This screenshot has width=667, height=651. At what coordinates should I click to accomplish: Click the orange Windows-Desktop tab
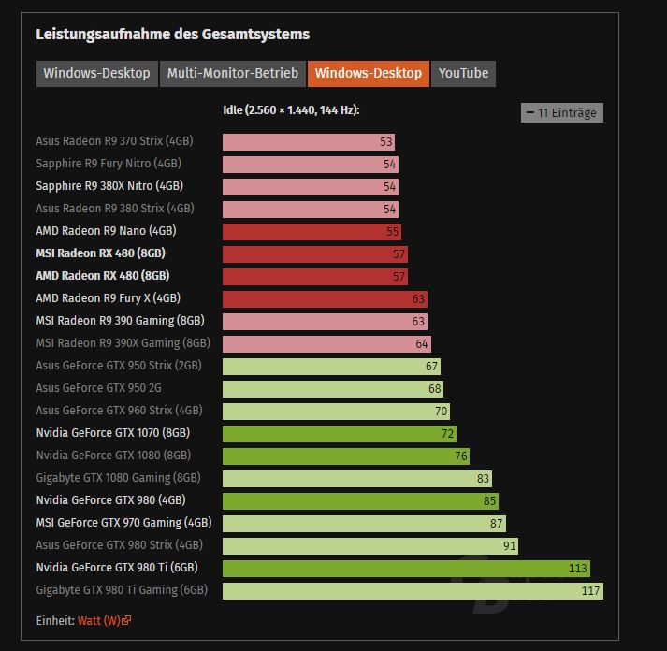(x=368, y=73)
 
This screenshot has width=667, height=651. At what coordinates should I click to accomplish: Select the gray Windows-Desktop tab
(x=96, y=73)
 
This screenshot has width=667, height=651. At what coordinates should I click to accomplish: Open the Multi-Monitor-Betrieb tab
(x=232, y=73)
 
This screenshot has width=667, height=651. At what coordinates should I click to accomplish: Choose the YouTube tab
(x=463, y=73)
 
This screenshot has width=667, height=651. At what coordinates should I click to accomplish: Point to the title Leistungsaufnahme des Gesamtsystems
(x=172, y=35)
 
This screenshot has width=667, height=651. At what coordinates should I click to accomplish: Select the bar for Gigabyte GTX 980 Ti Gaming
(x=413, y=590)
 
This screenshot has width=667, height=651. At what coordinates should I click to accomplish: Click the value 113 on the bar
(x=578, y=568)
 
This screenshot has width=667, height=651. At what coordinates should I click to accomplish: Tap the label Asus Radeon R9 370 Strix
(x=114, y=141)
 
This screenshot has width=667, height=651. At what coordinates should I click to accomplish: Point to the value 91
(x=509, y=545)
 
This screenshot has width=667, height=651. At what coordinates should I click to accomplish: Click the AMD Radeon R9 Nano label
(x=106, y=231)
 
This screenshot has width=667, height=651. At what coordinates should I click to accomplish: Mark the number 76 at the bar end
(x=460, y=456)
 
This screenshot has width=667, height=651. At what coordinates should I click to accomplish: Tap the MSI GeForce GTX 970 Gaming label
(x=123, y=523)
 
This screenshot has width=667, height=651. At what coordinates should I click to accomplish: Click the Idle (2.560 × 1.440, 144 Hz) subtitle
(x=291, y=110)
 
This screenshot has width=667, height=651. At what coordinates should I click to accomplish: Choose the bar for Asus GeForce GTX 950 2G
(x=333, y=388)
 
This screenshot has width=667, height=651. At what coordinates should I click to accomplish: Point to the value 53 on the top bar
(x=385, y=141)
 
